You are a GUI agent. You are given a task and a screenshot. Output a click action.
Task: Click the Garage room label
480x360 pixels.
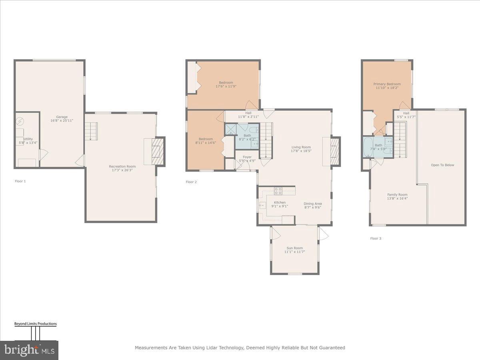(x=62, y=118)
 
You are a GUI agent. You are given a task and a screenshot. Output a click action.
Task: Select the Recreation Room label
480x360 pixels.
(x=122, y=168)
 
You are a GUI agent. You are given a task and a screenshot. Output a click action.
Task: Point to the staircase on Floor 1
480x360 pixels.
(x=91, y=131)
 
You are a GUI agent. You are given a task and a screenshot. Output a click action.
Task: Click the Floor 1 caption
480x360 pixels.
(x=20, y=181)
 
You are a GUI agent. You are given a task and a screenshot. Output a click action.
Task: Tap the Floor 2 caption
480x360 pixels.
(x=191, y=182)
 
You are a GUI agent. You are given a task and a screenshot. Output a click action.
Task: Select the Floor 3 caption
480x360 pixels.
(x=376, y=238)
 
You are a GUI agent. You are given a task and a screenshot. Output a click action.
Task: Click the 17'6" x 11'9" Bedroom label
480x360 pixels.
(x=226, y=84)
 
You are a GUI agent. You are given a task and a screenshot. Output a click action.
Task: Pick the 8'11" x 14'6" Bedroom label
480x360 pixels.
(x=204, y=140)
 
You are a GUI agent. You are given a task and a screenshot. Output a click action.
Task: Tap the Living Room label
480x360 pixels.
(x=301, y=149)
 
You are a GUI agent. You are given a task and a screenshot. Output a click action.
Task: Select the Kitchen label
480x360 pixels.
(x=279, y=204)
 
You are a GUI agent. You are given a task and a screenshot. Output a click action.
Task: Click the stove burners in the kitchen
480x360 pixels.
(x=278, y=190)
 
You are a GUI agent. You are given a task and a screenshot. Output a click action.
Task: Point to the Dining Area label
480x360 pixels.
(x=312, y=206)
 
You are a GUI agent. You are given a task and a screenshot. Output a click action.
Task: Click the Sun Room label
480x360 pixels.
(x=294, y=250)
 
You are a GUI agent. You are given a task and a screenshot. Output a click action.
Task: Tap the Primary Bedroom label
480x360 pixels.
(x=387, y=86)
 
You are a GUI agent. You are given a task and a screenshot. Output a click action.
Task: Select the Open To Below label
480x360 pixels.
(x=442, y=165)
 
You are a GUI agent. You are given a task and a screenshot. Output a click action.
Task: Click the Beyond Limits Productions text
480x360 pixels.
(x=36, y=324)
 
